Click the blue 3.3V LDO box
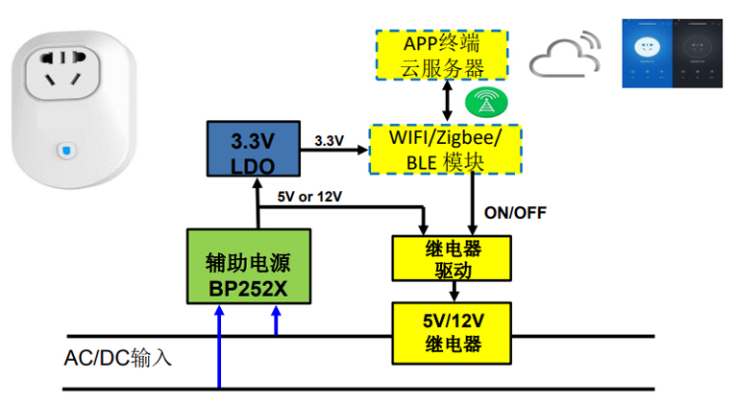(x=253, y=149)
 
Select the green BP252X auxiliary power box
(x=249, y=267)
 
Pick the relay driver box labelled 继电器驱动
(x=453, y=258)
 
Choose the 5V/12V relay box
(x=452, y=332)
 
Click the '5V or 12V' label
(x=309, y=196)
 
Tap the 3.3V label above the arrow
(x=329, y=140)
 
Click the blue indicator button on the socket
(x=62, y=151)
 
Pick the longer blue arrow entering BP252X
(x=220, y=345)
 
